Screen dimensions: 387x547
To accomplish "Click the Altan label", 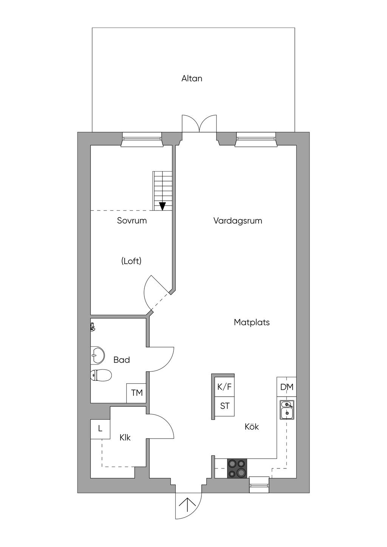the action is pos(192,79).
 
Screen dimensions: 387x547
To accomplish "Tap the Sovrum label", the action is pos(132,221).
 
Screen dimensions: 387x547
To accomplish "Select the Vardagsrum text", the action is pos(238,221).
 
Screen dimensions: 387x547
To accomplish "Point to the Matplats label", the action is pos(252,322).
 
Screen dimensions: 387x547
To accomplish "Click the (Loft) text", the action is pos(132,261).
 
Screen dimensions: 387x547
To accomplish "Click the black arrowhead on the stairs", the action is pos(162,206).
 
